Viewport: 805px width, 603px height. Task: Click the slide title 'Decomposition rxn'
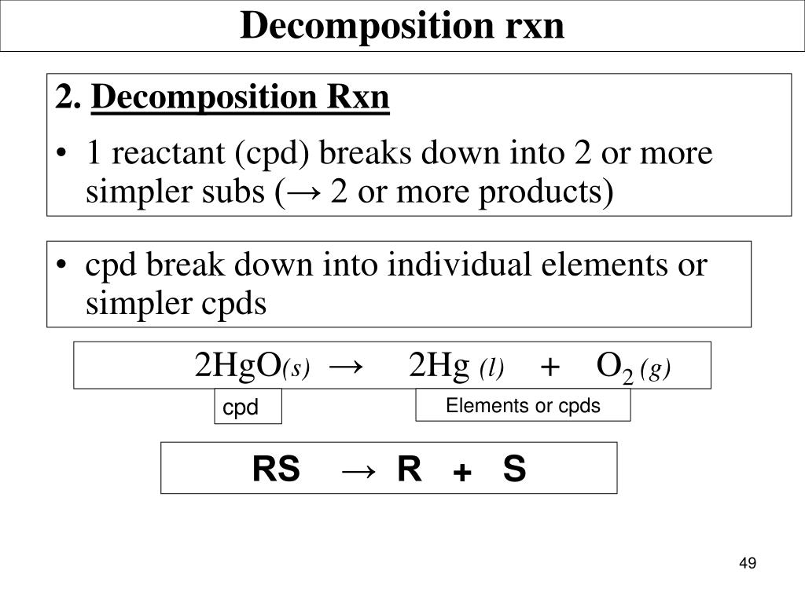tap(402, 25)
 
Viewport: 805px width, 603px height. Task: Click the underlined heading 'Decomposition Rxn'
tap(241, 98)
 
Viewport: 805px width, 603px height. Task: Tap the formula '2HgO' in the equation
tap(238, 365)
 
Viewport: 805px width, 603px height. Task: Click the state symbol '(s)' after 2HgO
tap(296, 368)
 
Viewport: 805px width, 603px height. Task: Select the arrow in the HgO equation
tap(346, 366)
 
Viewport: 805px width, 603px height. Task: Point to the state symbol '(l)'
tap(492, 368)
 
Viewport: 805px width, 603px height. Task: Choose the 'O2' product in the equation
tap(614, 367)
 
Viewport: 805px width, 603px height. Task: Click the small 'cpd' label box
tap(248, 408)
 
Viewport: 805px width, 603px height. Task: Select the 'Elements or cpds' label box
tap(523, 406)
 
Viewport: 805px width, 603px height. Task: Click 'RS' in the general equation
tap(276, 470)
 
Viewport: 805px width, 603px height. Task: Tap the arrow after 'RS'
tap(358, 470)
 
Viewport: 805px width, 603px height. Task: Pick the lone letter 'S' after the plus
tap(514, 470)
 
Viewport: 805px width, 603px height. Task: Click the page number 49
tap(747, 564)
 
